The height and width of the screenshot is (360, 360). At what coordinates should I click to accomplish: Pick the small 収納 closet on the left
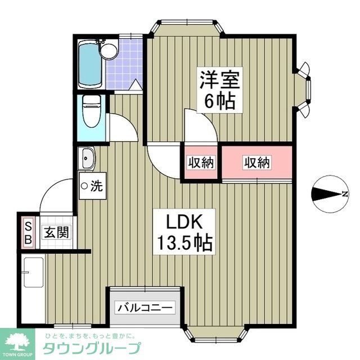pos(201,163)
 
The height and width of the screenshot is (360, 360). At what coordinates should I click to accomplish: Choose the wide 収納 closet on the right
pos(257,163)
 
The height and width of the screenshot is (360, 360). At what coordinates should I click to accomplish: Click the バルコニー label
pos(146,308)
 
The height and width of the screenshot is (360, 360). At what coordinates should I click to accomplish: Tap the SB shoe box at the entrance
pos(26,232)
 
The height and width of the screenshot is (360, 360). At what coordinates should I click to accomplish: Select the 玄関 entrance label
pos(57,232)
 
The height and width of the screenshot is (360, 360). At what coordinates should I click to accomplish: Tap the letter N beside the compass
pos(344,195)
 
